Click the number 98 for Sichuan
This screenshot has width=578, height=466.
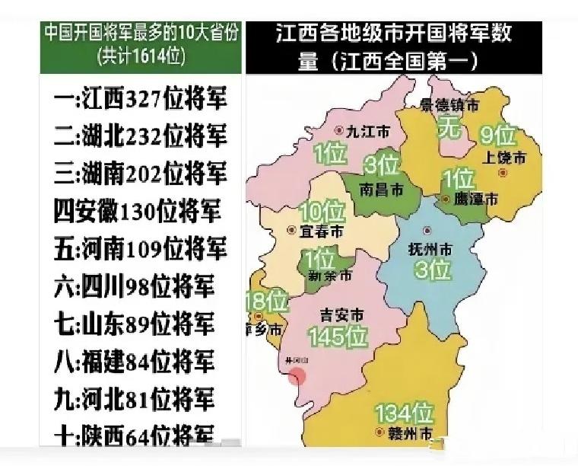(132, 286)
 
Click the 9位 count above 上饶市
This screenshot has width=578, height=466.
(499, 136)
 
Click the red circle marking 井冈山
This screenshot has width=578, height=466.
(297, 375)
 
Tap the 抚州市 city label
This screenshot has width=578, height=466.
(430, 248)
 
